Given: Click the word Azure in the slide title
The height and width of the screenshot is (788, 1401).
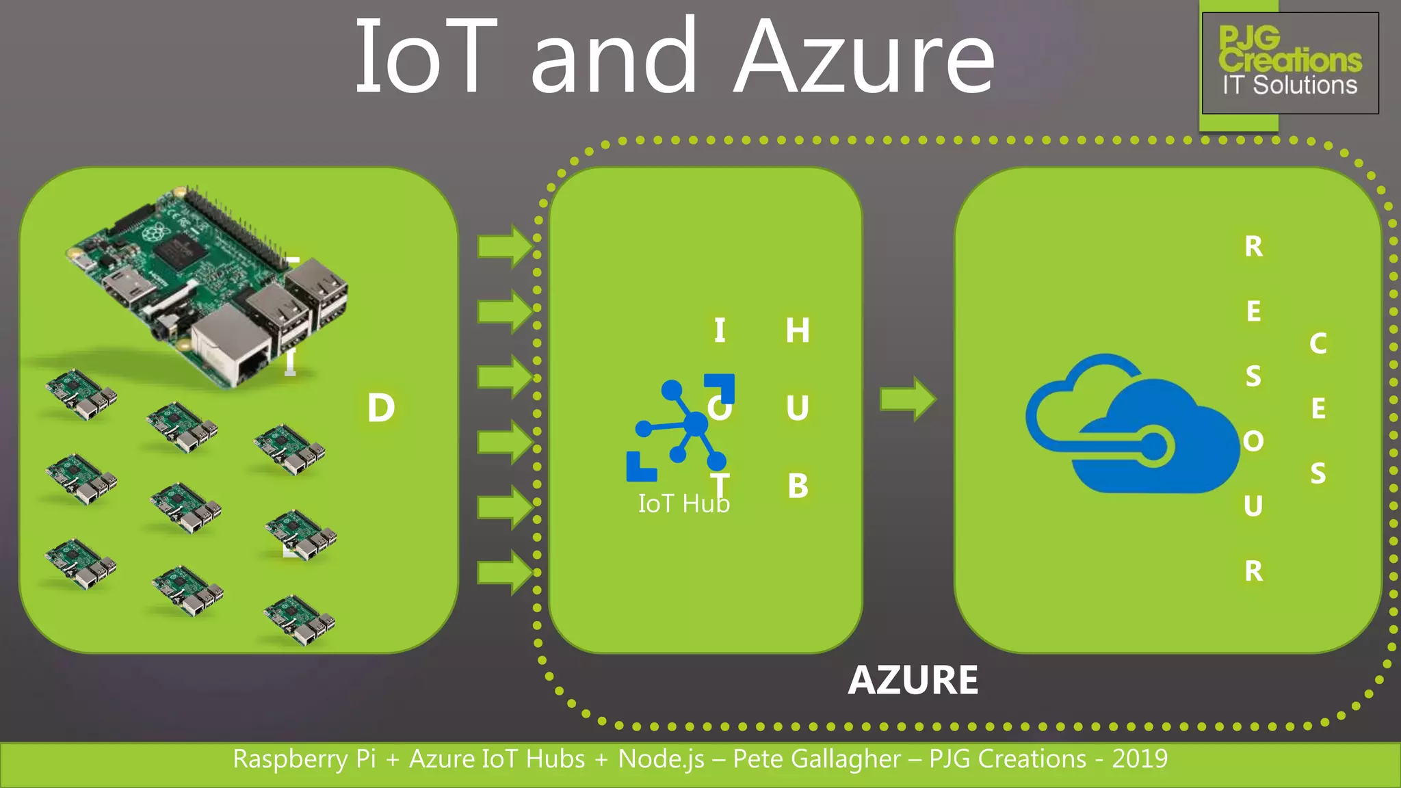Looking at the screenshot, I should coord(864,58).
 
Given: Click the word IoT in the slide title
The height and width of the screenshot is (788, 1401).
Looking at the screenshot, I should coord(425,58).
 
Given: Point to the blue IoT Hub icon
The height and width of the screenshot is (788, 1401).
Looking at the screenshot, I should coord(681,428).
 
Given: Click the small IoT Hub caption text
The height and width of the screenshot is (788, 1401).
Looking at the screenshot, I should coord(683,504).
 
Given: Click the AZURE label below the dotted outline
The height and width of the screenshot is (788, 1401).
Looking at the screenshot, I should coord(913,680).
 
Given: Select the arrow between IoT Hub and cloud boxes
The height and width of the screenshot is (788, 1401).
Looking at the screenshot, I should coord(908,399).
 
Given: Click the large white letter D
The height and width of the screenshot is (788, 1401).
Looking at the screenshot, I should coord(381,408).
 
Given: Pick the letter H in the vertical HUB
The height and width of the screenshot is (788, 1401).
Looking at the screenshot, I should coord(798,330).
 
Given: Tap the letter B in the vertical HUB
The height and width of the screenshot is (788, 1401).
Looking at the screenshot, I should coord(798,486).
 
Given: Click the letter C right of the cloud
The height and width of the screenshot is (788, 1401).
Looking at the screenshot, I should coord(1318,344).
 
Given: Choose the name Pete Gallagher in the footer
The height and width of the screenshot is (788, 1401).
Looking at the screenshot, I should coord(817,759).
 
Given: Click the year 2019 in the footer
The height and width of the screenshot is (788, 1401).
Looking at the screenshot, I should coord(1140,759).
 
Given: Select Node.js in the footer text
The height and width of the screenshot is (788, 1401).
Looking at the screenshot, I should coord(661,759).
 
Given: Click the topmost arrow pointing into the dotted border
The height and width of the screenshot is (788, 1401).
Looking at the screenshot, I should coord(505,246).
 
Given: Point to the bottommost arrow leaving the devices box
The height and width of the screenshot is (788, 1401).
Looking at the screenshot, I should coord(505,572).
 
